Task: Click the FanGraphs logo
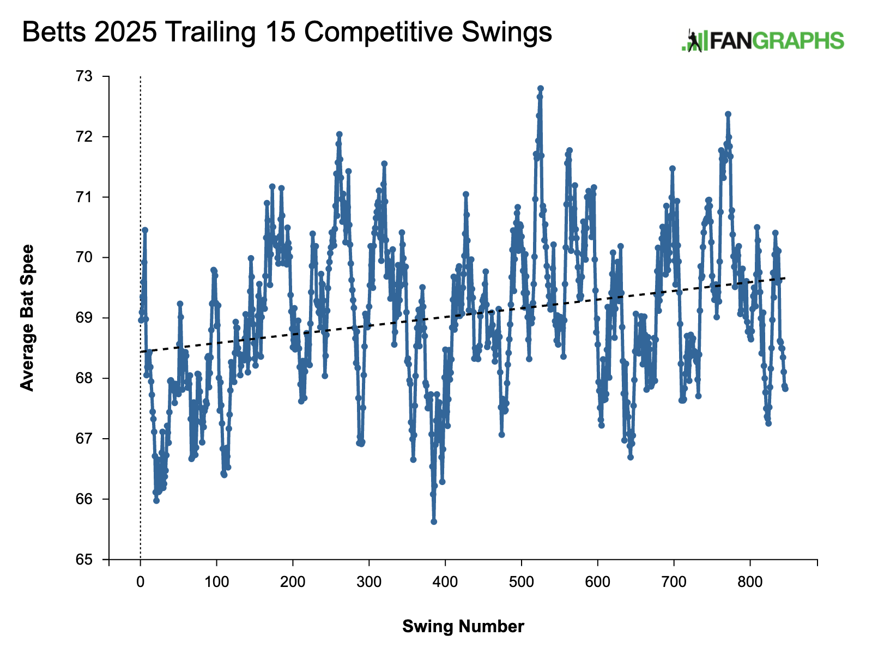(x=762, y=41)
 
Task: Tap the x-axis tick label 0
(x=141, y=582)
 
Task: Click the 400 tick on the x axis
(x=445, y=582)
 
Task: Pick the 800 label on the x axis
(x=750, y=582)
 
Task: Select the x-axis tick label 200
(x=293, y=582)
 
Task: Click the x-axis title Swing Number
(x=463, y=627)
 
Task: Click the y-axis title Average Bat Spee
(x=27, y=318)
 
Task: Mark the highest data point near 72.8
(x=541, y=88)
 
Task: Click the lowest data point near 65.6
(x=434, y=522)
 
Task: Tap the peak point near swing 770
(x=728, y=114)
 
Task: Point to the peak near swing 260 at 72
(x=339, y=134)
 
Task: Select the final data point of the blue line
(x=785, y=389)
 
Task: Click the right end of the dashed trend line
(x=785, y=278)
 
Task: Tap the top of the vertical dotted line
(x=141, y=77)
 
